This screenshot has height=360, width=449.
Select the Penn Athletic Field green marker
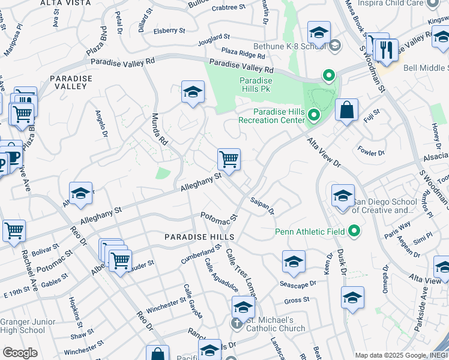click(354, 230)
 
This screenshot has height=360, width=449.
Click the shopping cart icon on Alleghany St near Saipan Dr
click(229, 160)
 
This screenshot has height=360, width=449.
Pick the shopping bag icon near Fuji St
click(346, 110)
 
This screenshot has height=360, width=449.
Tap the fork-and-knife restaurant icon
click(387, 50)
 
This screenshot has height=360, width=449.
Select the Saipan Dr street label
click(262, 206)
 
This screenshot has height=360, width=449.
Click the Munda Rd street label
click(158, 129)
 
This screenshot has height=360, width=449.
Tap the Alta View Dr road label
click(324, 153)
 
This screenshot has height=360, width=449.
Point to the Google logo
click(20, 353)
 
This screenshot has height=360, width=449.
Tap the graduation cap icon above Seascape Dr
click(294, 261)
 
